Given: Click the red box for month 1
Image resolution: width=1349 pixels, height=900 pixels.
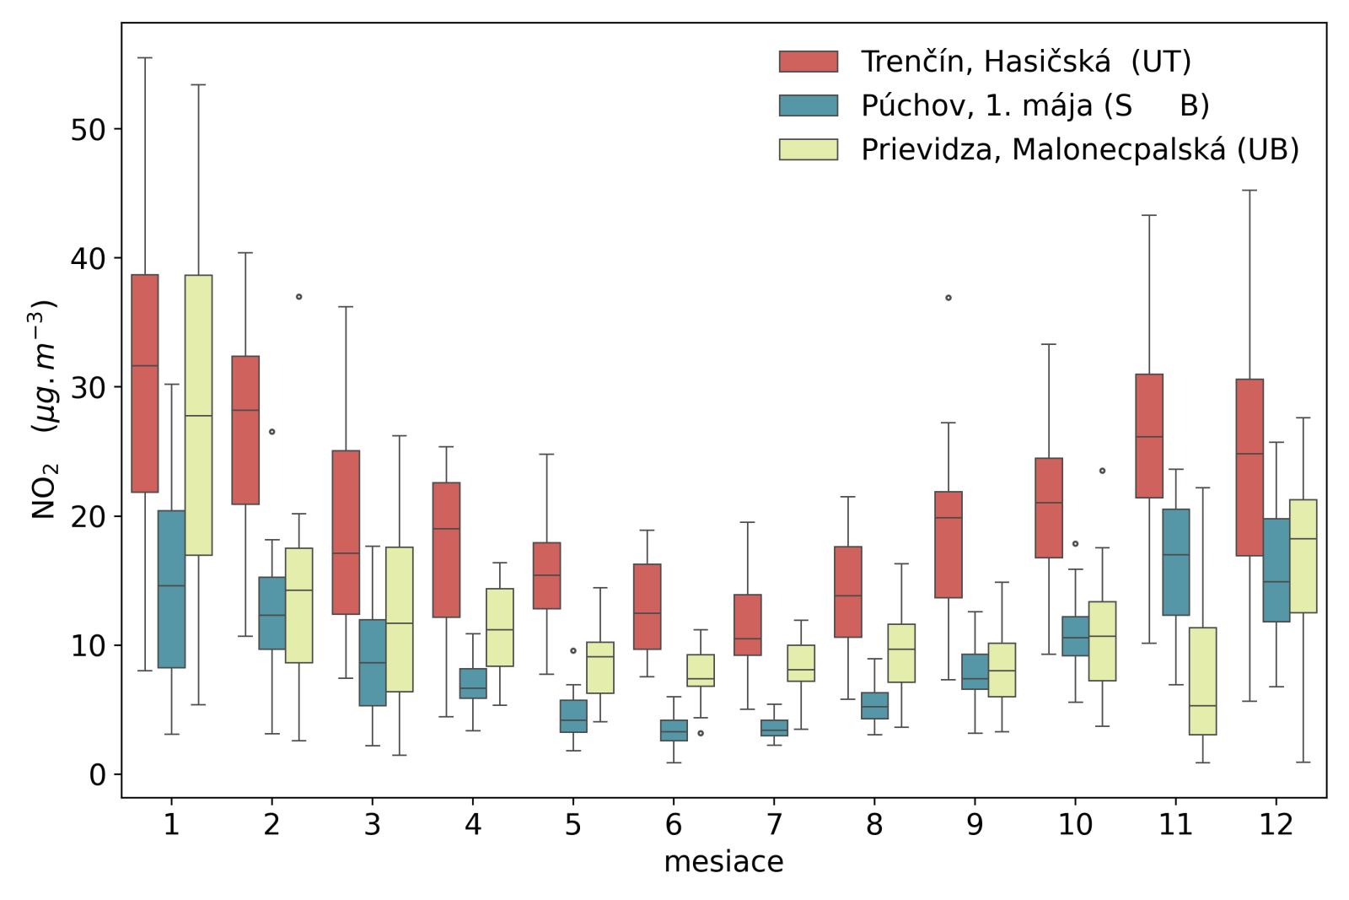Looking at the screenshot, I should coord(145,383).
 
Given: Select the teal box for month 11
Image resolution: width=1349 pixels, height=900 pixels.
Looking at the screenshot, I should coord(1175,562).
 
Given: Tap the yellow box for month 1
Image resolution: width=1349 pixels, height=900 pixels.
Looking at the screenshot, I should coord(198,415).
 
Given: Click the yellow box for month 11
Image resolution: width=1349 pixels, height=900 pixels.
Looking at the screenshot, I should coord(1202,681).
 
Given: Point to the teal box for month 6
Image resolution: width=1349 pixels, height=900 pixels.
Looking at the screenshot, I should coord(674,730).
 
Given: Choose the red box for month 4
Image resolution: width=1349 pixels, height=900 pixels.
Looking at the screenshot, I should coord(446,550).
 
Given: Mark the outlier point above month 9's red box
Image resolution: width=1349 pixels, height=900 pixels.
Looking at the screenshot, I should coord(949,298).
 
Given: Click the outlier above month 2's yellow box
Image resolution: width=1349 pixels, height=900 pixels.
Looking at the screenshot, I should coord(298,297).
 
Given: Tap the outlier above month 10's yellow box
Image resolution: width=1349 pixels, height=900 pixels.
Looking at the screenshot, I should coord(1102,471).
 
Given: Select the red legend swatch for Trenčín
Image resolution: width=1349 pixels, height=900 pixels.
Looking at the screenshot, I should coord(808,62).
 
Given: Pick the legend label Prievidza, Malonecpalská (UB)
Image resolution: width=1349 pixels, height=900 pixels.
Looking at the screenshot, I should coord(1079,150).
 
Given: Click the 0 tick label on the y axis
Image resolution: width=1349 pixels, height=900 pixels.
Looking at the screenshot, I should coord(98,774).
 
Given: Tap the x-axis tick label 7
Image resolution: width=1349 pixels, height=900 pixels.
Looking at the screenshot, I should coord(774,824).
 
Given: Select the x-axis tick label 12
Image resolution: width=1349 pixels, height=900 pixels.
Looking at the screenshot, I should coord(1275,824).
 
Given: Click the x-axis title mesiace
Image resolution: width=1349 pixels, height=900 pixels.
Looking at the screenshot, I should coord(723,862).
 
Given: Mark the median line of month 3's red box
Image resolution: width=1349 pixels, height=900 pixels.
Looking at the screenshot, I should coord(346,553).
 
